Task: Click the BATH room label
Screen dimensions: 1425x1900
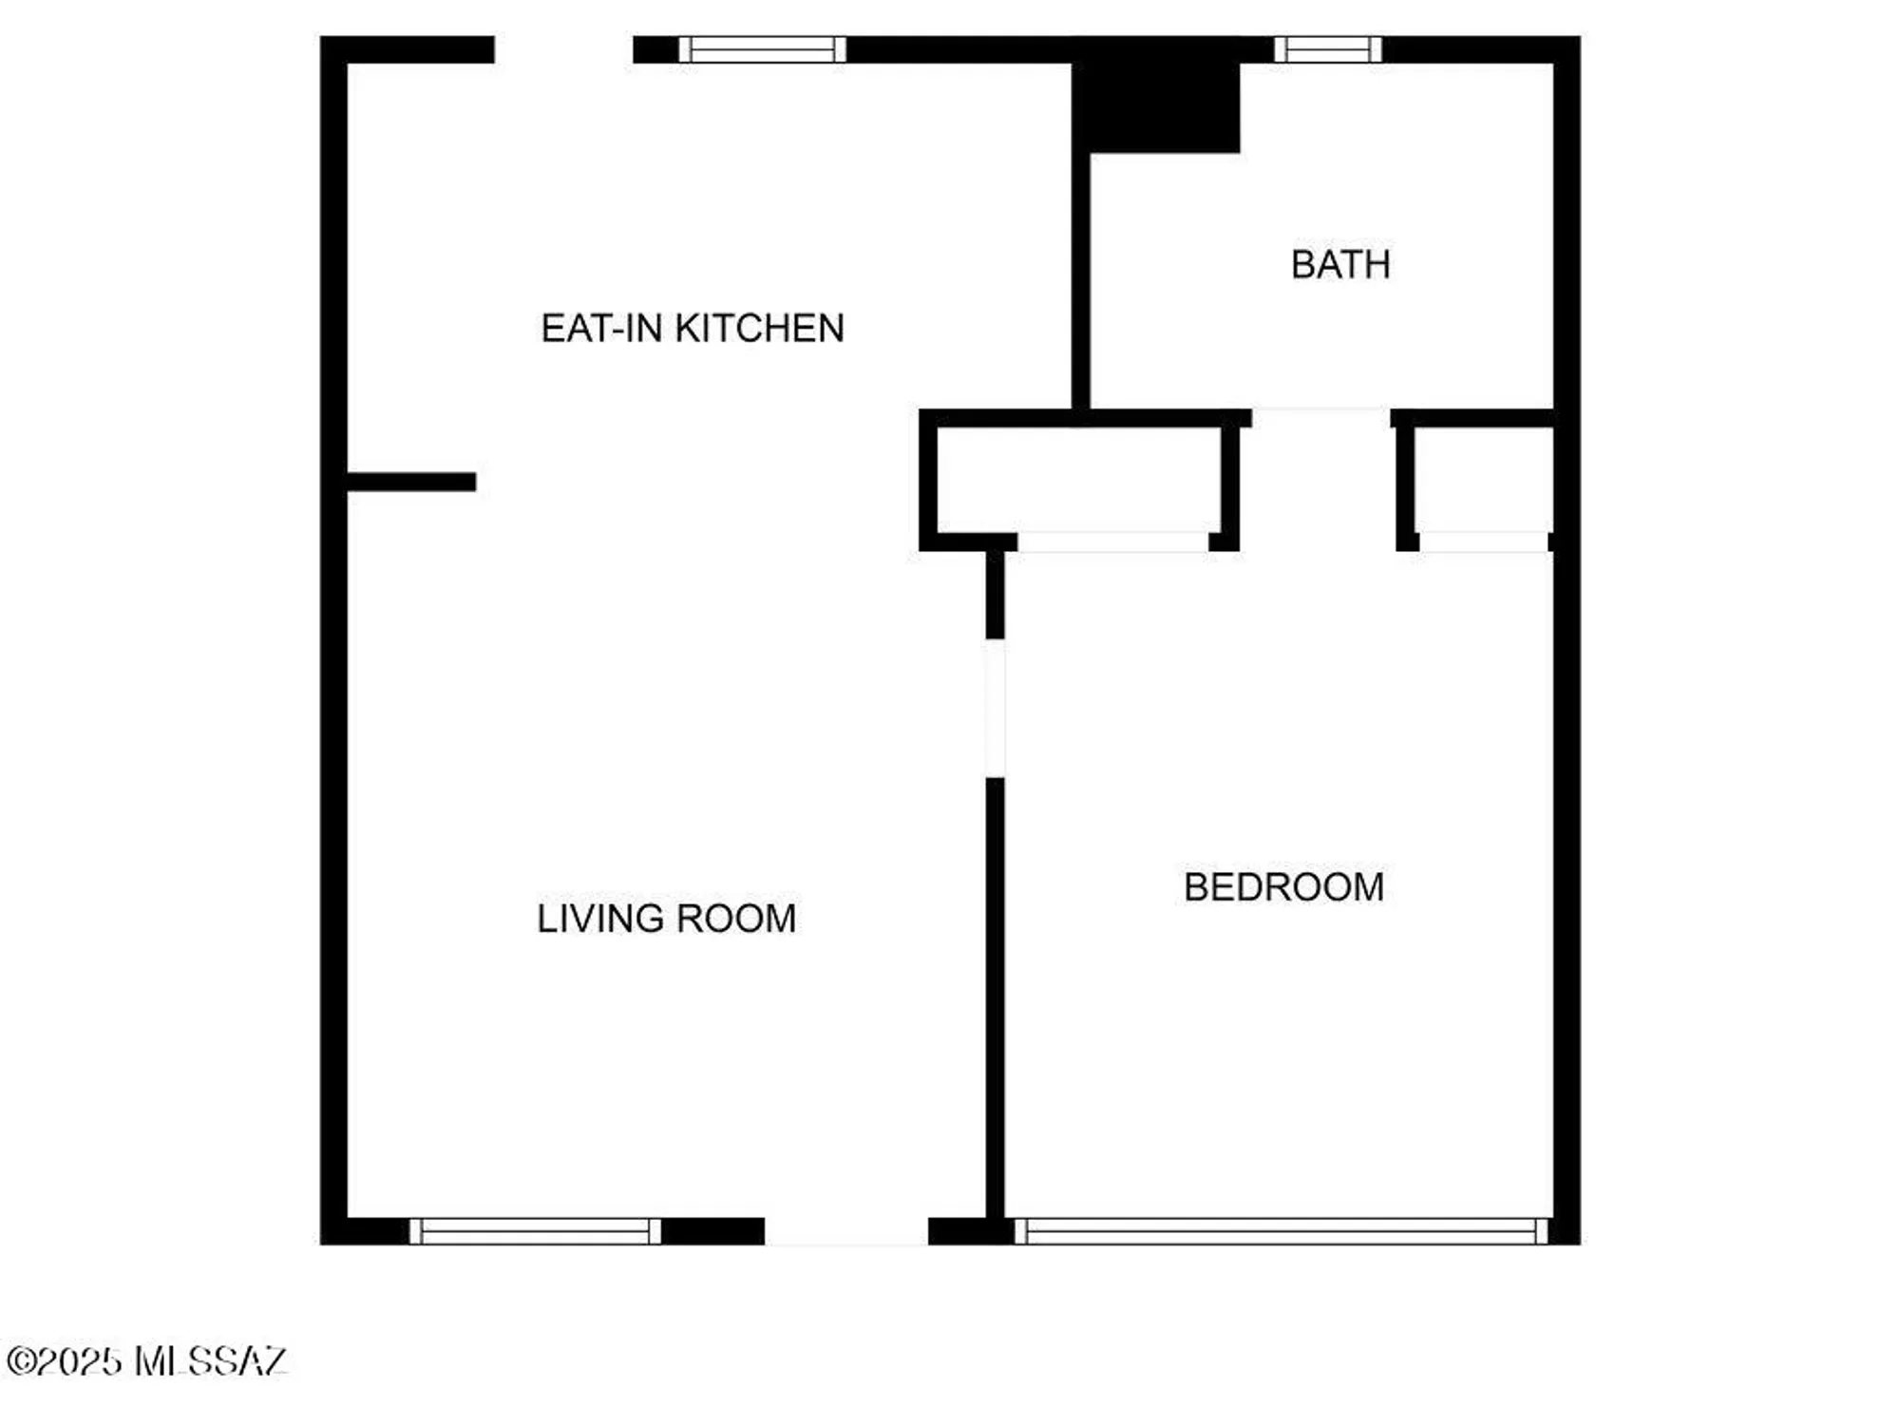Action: [x=1340, y=265]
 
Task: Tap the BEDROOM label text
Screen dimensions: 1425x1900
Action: [x=1283, y=887]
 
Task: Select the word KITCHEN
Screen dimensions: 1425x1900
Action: [x=759, y=329]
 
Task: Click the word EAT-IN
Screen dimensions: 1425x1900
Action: [x=601, y=329]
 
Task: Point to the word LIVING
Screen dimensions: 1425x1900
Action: [x=599, y=919]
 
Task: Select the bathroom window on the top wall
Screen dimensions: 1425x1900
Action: [x=1327, y=49]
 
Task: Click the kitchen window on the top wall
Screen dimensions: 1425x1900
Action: [x=762, y=49]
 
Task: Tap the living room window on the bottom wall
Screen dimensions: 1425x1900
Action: [x=535, y=1231]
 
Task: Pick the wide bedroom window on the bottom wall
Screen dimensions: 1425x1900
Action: [x=1282, y=1231]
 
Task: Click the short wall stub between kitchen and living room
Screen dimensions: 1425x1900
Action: [x=411, y=482]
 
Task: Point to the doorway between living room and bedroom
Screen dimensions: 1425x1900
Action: [x=995, y=709]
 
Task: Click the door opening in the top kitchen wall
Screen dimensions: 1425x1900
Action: [x=563, y=49]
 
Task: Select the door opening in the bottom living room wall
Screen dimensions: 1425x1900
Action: [x=845, y=1231]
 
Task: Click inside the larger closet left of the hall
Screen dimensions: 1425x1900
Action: [x=1078, y=480]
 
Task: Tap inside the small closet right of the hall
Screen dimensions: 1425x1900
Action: [x=1483, y=480]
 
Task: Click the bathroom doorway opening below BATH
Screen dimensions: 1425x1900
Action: [x=1320, y=417]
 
